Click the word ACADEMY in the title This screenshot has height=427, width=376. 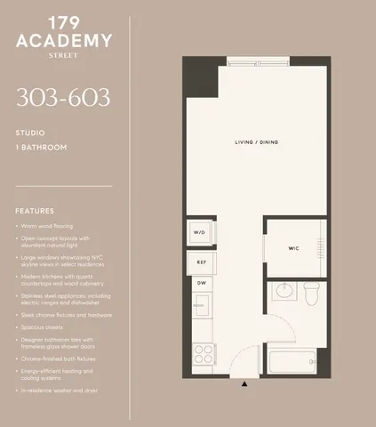tap(64, 41)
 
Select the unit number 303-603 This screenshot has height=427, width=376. tap(63, 98)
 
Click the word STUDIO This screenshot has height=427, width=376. tap(30, 133)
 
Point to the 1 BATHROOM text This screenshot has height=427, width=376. tap(42, 148)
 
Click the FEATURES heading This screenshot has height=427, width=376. tap(35, 211)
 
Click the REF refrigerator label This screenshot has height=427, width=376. tap(201, 262)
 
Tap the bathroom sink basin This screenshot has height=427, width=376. tap(284, 291)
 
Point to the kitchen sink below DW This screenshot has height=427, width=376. tap(200, 307)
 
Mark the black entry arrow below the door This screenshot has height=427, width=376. tap(244, 383)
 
